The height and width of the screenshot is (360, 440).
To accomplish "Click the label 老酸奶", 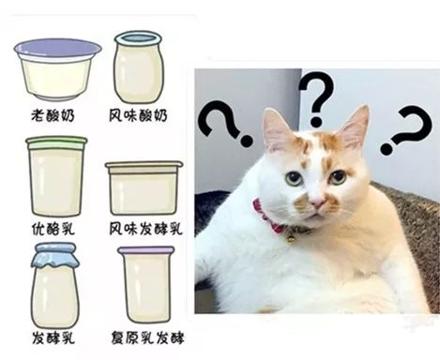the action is click(53, 115).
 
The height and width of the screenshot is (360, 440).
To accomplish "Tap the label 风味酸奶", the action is click(138, 115).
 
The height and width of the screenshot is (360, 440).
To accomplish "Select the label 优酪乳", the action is click(53, 229).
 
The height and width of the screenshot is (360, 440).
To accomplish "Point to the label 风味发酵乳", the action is click(145, 229).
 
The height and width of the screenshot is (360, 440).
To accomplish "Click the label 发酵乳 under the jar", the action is click(53, 337).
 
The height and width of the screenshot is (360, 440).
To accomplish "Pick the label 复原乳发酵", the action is click(147, 337).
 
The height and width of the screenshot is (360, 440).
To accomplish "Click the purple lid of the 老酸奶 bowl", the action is click(58, 48).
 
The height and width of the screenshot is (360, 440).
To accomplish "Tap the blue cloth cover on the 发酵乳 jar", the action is click(53, 255).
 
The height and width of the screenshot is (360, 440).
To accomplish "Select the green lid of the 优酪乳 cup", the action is click(56, 142).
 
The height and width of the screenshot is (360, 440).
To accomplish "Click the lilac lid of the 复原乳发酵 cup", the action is click(146, 250).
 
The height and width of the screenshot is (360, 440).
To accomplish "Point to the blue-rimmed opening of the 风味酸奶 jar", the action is click(139, 38).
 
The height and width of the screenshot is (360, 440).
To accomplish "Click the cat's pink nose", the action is click(318, 203).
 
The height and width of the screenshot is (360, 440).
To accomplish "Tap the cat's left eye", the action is click(295, 179).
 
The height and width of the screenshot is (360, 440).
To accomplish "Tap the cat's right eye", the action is click(338, 177).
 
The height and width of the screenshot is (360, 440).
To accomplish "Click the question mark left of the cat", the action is click(225, 123).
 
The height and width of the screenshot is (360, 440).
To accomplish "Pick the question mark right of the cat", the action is click(406, 129).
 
